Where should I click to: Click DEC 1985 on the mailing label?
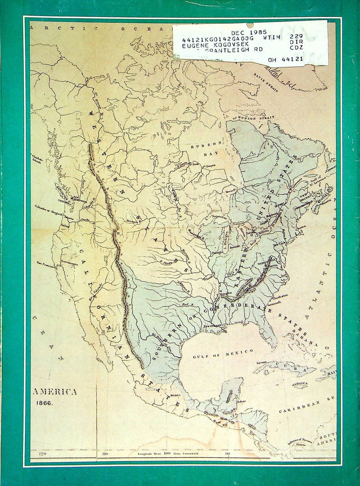248,32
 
